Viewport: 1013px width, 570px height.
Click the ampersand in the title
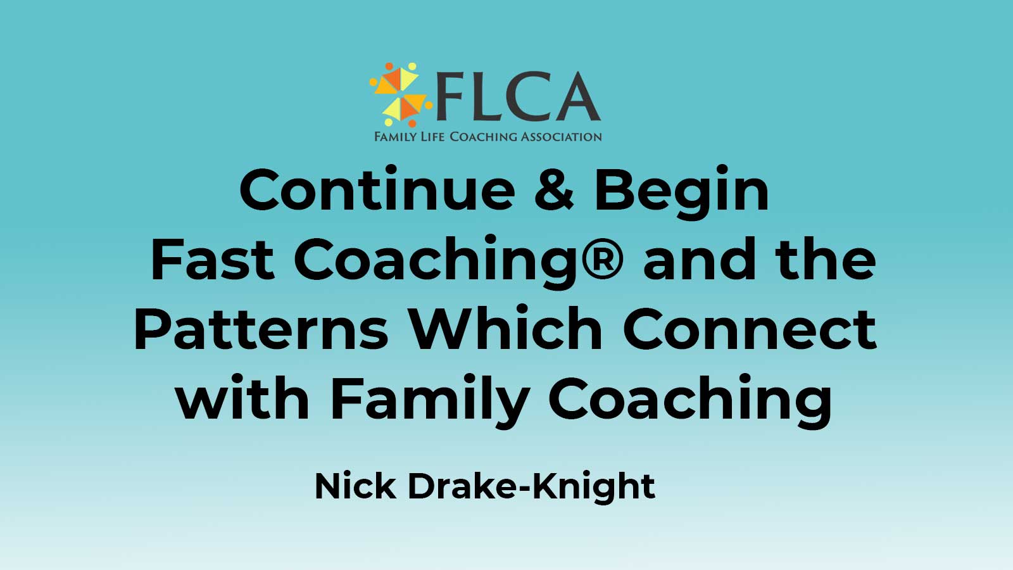(554, 190)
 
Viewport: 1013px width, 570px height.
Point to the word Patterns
(261, 329)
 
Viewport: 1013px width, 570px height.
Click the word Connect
(750, 329)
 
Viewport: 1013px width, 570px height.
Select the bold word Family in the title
(430, 401)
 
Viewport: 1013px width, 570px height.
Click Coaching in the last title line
(691, 401)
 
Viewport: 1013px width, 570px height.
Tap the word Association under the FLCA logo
(561, 136)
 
